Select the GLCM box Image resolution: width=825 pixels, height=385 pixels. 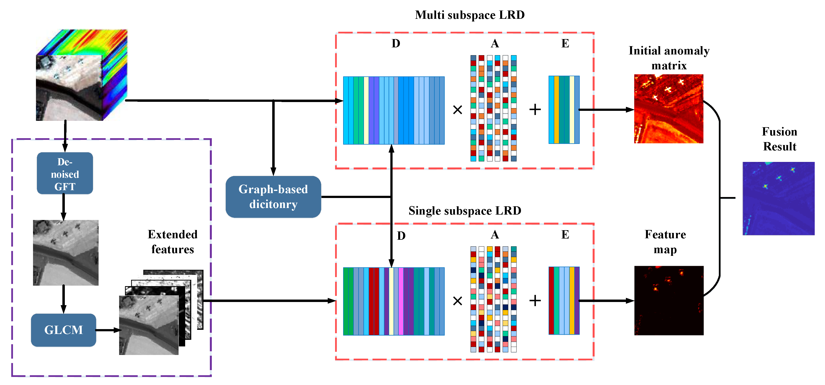coord(63,330)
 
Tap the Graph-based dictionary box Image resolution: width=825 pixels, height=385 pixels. coord(273,197)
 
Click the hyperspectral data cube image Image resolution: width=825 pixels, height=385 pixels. coord(81,75)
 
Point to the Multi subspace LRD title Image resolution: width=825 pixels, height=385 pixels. coord(470,15)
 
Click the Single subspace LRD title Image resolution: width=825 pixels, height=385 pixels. coord(465,211)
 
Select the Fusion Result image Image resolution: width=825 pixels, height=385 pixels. coord(778,198)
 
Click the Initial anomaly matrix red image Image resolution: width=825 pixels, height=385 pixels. coord(668,109)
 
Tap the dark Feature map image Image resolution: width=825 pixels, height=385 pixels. coord(669,300)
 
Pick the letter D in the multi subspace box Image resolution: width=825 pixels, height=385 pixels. coord(396,43)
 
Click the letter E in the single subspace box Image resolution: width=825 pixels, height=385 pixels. coord(565,235)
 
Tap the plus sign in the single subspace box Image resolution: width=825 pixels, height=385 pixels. coord(535,301)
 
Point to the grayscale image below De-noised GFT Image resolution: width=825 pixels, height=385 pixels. coord(66,253)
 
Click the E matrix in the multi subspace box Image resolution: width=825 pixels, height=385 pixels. coord(564,110)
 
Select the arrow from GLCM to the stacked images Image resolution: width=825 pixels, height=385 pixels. coord(108,330)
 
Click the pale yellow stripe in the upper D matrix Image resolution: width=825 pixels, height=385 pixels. coord(366,110)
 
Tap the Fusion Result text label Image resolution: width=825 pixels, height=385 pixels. coord(779,139)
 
